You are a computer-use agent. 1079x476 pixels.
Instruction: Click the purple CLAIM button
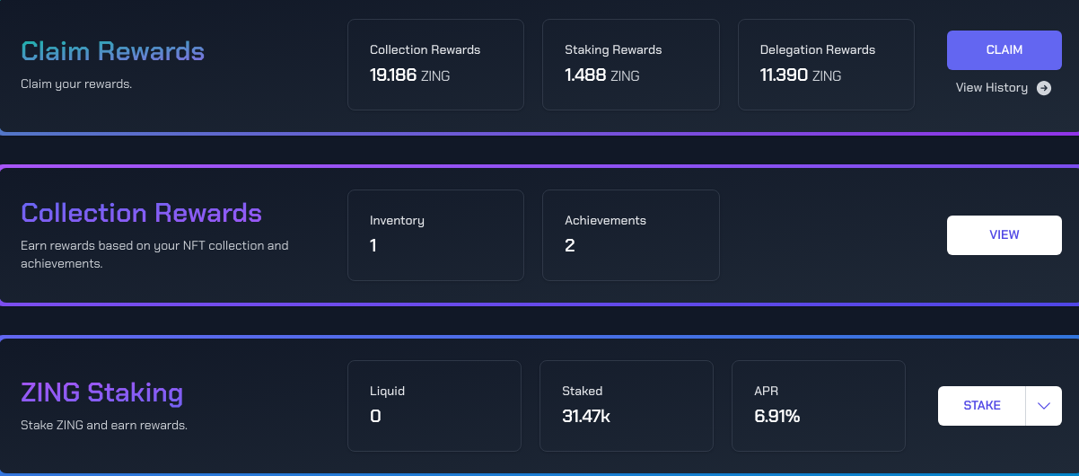click(1004, 50)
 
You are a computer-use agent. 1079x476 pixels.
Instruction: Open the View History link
click(991, 88)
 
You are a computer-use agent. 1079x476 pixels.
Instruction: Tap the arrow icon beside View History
click(1043, 88)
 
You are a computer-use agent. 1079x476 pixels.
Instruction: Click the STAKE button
click(981, 406)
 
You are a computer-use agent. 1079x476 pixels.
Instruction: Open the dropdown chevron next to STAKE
click(1043, 406)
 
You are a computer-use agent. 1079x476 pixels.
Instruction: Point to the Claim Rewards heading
click(112, 51)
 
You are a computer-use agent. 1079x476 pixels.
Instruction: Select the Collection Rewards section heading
click(141, 213)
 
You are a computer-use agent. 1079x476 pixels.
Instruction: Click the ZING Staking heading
click(101, 392)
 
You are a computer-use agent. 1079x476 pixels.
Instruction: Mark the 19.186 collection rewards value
click(393, 75)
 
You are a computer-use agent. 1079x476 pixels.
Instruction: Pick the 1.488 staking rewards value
click(585, 75)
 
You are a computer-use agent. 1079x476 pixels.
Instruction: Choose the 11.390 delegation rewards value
click(784, 75)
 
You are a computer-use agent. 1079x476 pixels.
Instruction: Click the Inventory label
click(397, 220)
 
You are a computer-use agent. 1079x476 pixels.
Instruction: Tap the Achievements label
click(605, 220)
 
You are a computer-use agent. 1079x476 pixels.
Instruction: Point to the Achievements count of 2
click(570, 245)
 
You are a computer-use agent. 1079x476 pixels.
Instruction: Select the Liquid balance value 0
click(375, 416)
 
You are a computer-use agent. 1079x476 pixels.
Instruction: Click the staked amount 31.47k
click(586, 416)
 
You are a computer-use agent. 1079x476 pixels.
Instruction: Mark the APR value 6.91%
click(776, 416)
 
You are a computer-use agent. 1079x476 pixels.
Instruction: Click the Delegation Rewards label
click(817, 49)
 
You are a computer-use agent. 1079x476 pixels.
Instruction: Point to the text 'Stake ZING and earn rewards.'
click(104, 425)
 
